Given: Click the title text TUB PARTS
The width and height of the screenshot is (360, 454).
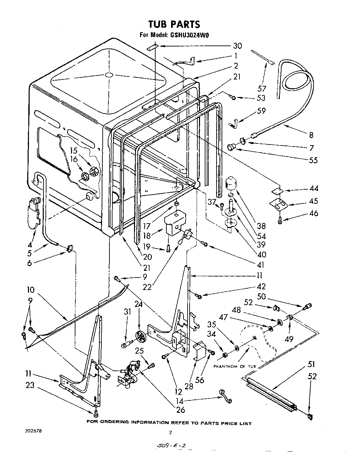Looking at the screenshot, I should [x=174, y=24].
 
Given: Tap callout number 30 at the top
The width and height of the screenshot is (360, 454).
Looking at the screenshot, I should [x=237, y=46].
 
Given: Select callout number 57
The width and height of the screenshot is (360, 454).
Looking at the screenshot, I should [x=262, y=89].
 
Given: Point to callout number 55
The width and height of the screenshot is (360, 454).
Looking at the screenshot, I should [x=313, y=160].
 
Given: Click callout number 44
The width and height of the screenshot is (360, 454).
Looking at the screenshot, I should [x=314, y=189].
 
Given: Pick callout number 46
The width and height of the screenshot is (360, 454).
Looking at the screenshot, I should [x=314, y=213].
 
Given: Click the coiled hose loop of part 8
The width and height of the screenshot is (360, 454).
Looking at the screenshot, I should [x=296, y=77].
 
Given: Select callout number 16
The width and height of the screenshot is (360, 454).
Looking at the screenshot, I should [x=73, y=159].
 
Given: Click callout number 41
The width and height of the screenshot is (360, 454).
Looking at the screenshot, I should [x=260, y=265].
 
